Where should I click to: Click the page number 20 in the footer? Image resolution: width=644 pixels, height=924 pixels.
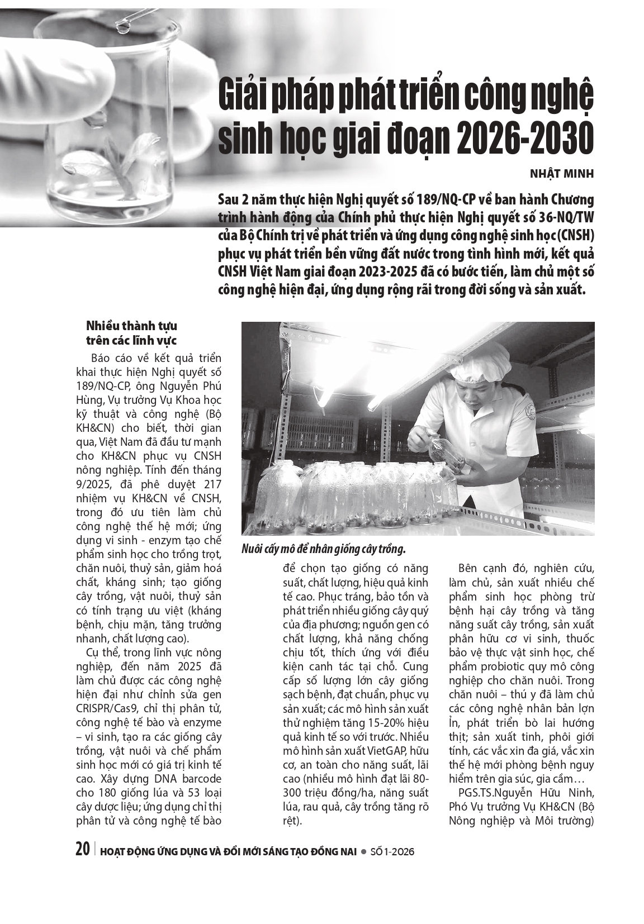82,850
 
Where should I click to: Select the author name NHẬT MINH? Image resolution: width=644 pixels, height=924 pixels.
561,173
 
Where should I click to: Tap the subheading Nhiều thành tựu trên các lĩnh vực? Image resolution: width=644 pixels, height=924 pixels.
131,333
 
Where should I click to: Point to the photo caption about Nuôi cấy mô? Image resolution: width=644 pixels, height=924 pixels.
323,549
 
